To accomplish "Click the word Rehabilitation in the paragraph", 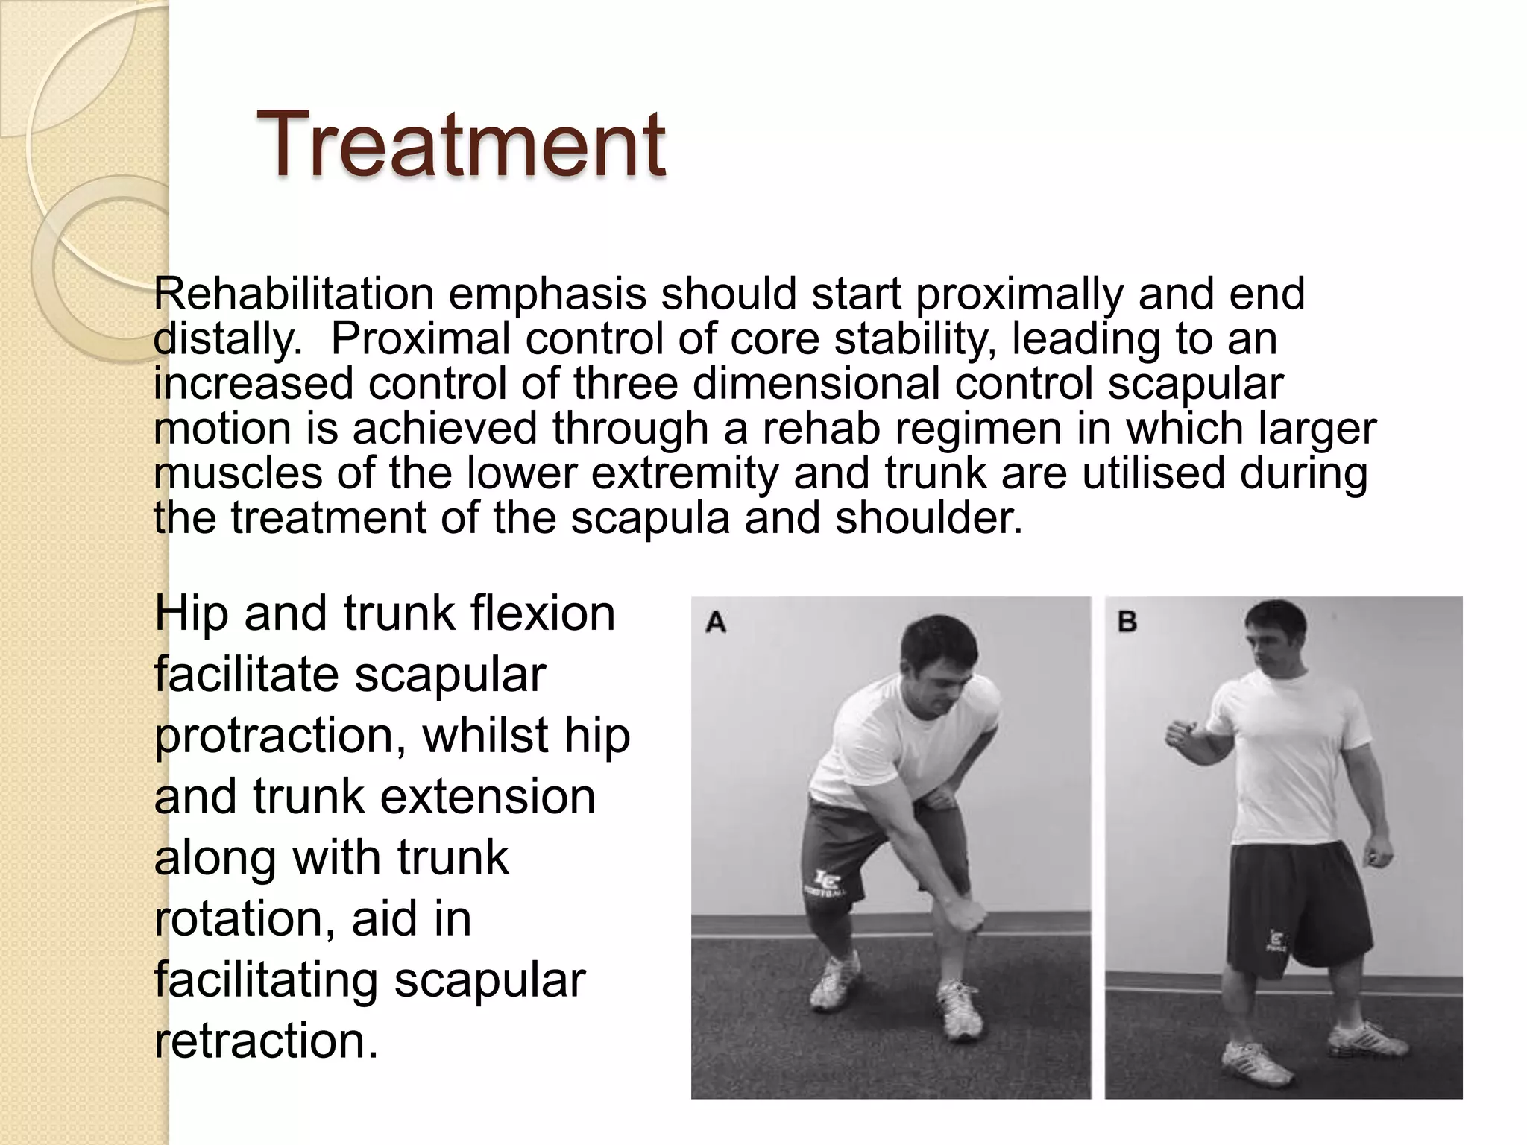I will [x=294, y=294].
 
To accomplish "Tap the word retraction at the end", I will [x=265, y=1041].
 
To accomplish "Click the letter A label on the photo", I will [x=716, y=622].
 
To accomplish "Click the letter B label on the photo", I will [x=1127, y=622].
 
